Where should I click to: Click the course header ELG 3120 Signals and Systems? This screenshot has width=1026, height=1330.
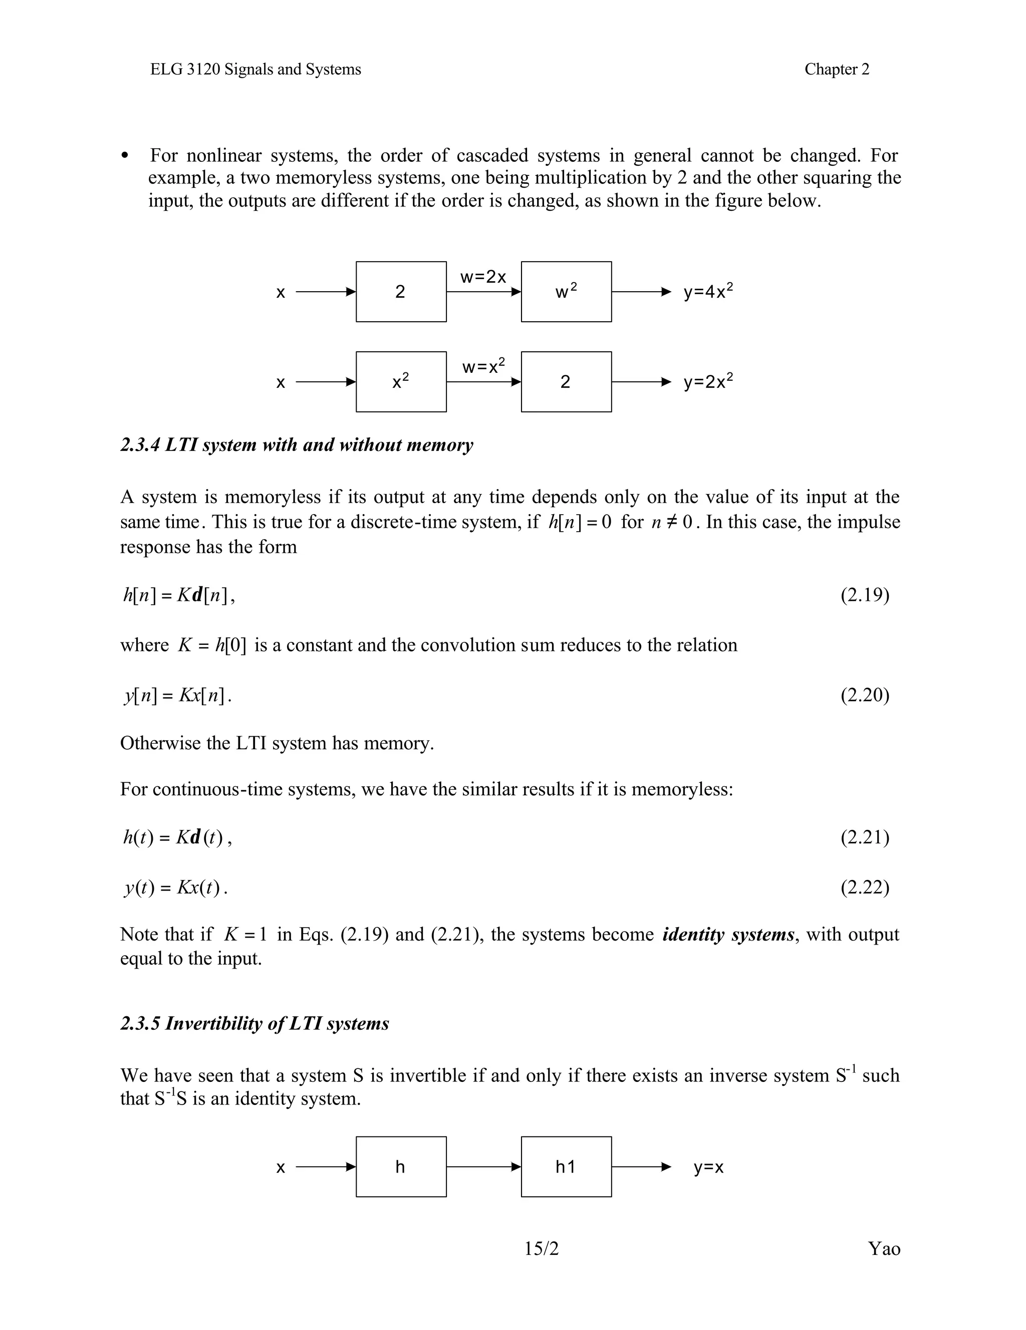(255, 70)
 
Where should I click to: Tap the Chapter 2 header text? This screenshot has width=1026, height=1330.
(837, 70)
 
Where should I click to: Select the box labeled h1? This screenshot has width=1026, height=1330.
(566, 1166)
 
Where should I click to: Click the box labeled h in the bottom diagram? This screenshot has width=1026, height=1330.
(401, 1166)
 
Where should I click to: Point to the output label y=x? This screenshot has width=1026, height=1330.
(708, 1168)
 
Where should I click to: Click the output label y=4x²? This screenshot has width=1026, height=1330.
(707, 291)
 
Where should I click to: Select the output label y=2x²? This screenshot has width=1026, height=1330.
(707, 381)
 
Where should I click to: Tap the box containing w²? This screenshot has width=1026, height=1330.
(566, 292)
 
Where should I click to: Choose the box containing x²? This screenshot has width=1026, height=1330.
(401, 382)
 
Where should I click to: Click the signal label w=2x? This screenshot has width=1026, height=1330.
(483, 278)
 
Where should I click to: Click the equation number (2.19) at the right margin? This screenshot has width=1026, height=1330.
(865, 595)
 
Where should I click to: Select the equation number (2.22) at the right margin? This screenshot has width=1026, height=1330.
(865, 888)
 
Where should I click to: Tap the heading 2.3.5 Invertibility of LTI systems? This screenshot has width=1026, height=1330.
(254, 1024)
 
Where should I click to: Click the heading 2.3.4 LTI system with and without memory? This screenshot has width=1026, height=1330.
(297, 445)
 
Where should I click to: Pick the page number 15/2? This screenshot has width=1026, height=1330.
(542, 1249)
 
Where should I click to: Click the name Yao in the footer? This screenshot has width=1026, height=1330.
(884, 1249)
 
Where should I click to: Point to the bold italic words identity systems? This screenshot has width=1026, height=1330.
(728, 934)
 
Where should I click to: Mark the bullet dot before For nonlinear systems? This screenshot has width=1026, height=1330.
(125, 156)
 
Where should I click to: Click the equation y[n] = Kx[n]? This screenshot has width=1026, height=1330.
(178, 695)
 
